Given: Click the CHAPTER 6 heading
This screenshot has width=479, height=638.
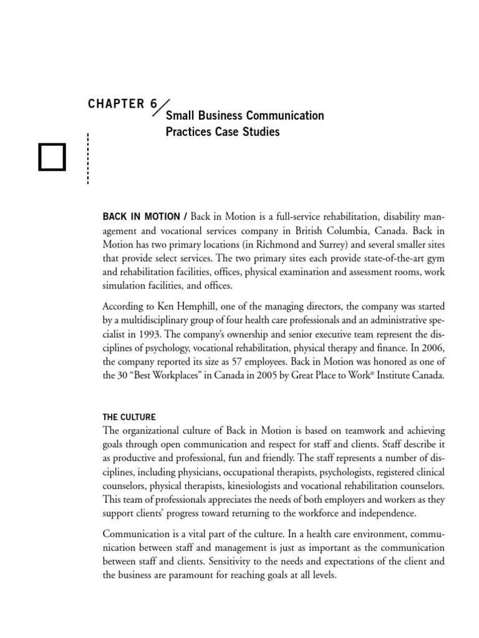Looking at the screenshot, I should (123, 103).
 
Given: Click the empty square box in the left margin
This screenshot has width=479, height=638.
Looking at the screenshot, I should (52, 157).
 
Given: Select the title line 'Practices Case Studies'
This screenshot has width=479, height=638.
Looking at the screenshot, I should (222, 132).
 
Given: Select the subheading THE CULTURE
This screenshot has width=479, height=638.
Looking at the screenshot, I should (129, 417).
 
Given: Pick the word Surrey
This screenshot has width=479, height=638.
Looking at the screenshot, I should (336, 244).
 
